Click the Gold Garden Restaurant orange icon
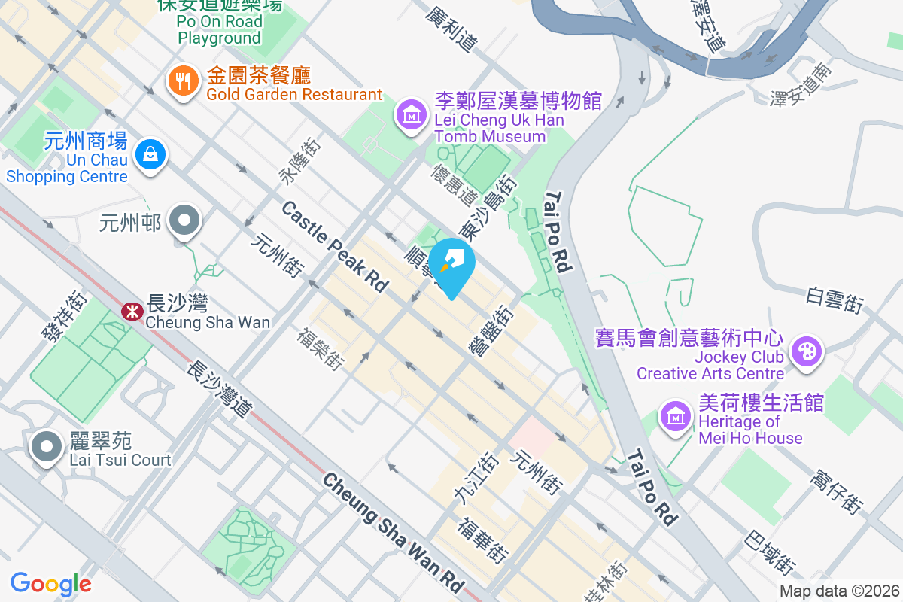pyautogui.click(x=183, y=81)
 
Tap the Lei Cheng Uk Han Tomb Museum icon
pyautogui.click(x=411, y=114)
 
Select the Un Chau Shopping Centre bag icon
pyautogui.click(x=150, y=155)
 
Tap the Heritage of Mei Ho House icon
pyautogui.click(x=675, y=416)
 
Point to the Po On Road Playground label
pyautogui.click(x=219, y=30)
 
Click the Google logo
pyautogui.click(x=50, y=583)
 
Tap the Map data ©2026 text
pyautogui.click(x=838, y=591)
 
